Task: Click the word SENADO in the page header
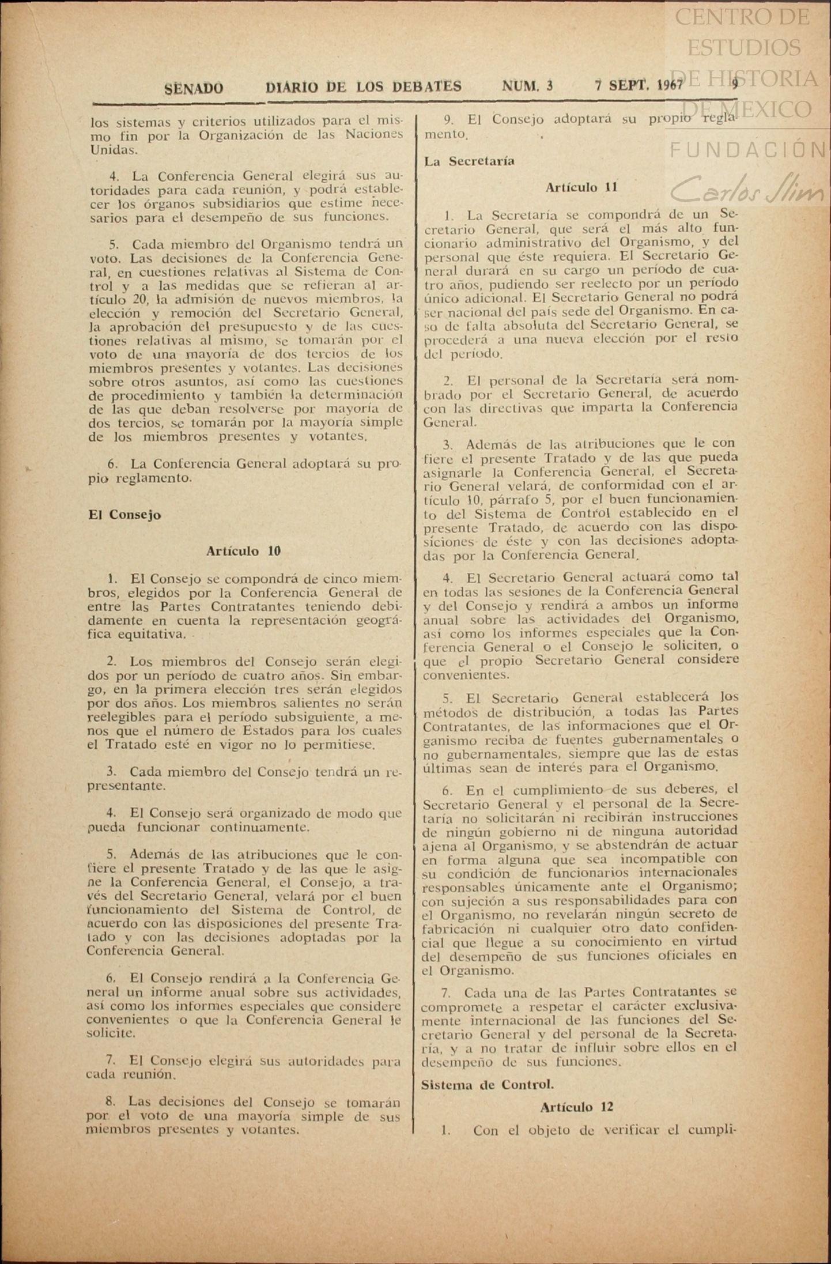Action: coord(194,88)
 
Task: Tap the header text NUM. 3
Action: coord(527,86)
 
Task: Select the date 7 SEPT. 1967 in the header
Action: coord(639,86)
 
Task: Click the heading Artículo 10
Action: coord(243,551)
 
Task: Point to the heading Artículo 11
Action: coord(581,187)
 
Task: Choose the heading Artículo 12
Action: coord(576,1107)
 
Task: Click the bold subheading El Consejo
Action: coord(124,515)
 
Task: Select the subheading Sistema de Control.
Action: coord(488,1084)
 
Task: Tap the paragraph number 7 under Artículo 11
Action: coord(444,993)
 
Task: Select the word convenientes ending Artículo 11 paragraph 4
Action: coord(458,674)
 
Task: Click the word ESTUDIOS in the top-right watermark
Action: coord(743,47)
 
